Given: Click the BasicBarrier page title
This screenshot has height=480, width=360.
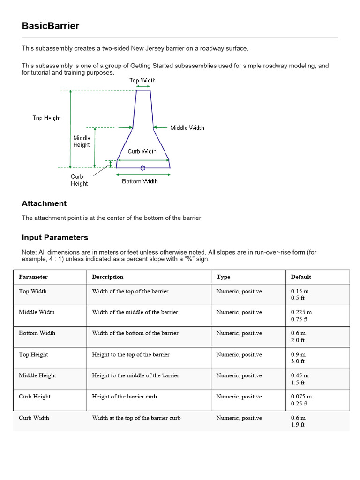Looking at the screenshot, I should [51, 26].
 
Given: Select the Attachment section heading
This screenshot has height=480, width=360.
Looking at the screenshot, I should [44, 203].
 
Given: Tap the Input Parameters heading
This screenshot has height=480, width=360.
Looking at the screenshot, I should [55, 237].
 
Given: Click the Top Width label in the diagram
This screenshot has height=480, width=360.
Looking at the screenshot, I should [142, 81].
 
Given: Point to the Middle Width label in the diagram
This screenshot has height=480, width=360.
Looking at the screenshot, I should [187, 127].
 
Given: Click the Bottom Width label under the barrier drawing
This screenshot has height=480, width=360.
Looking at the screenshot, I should [140, 181].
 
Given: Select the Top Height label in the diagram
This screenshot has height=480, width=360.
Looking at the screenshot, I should [46, 118].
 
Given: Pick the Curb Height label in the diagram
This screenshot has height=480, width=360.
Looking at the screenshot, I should [79, 180].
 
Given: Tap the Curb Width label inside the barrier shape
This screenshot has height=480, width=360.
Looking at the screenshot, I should [142, 151].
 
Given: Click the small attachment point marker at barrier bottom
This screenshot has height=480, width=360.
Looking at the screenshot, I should [143, 168].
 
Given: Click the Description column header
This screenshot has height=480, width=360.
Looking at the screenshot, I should [108, 277].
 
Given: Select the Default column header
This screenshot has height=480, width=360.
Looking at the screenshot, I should [301, 277].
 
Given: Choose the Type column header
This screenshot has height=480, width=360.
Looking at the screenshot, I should [224, 277].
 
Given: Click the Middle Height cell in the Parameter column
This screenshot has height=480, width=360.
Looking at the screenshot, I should [37, 375].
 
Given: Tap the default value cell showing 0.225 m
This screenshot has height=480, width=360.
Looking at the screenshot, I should [301, 315].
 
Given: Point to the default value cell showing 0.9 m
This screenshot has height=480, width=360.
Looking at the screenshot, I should [298, 358].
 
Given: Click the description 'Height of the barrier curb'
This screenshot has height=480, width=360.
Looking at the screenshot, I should [125, 397].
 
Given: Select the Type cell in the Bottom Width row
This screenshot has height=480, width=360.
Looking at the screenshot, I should [239, 333].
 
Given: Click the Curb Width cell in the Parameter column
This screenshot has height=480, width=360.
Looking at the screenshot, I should [34, 418].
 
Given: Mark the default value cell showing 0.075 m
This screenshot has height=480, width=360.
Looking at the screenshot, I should [301, 400].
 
